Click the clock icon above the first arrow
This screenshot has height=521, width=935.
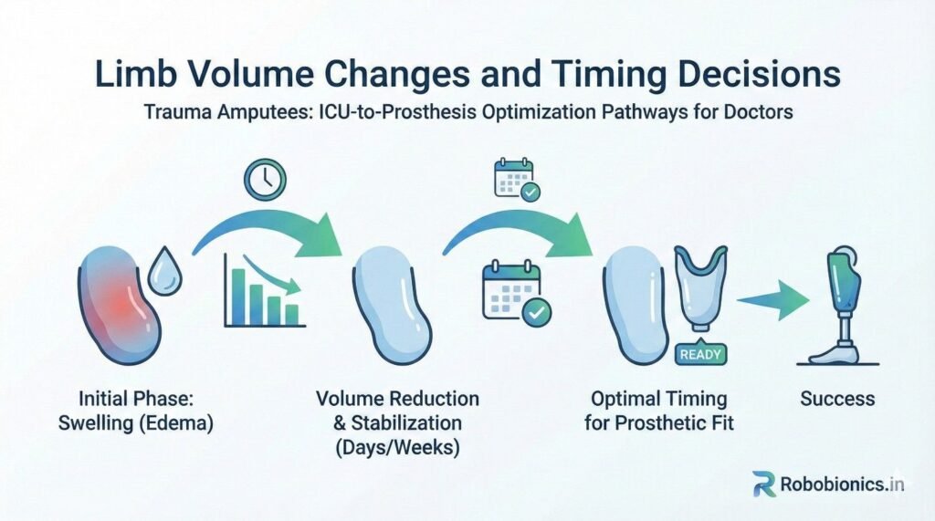tap(265, 180)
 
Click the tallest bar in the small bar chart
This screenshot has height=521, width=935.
tap(238, 297)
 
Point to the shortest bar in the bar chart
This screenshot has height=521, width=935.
tap(291, 315)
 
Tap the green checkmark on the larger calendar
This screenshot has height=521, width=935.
tap(537, 312)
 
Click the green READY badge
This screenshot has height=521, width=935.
tap(700, 355)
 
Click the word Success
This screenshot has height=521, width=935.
tap(837, 399)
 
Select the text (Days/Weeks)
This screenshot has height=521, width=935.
tap(397, 447)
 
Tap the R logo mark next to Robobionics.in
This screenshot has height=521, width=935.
tap(764, 484)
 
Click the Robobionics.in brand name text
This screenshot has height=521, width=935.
tap(842, 484)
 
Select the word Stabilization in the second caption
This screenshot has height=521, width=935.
tap(406, 423)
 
